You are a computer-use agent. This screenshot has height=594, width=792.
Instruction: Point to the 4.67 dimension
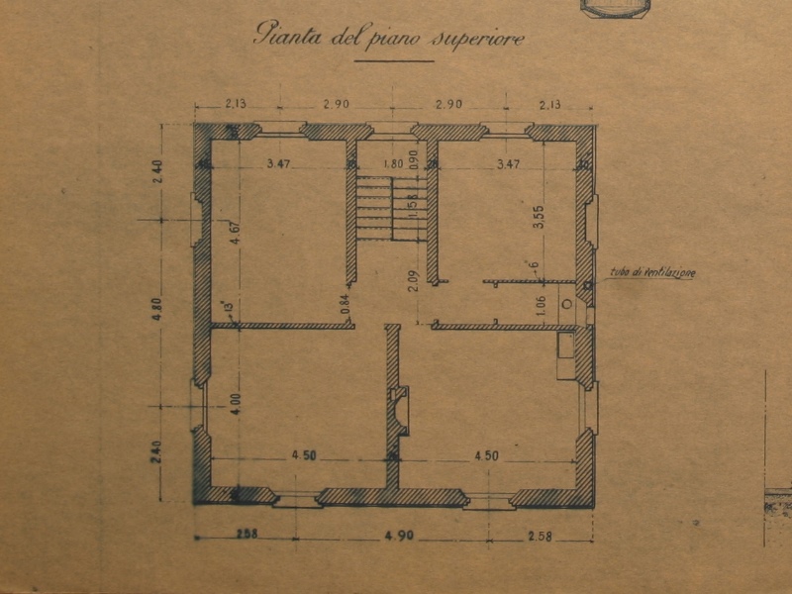pyautogui.click(x=234, y=241)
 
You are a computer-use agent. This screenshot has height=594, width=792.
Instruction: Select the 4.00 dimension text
pyautogui.click(x=234, y=406)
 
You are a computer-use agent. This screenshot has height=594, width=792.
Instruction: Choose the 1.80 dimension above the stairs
pyautogui.click(x=393, y=163)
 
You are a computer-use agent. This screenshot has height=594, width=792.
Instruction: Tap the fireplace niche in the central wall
pyautogui.click(x=401, y=410)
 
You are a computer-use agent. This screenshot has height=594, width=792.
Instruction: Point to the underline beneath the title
pyautogui.click(x=393, y=60)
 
